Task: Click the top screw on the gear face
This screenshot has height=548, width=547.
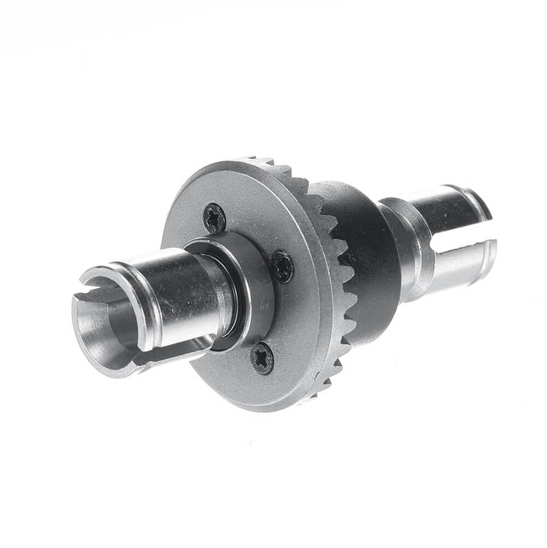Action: [x=214, y=217]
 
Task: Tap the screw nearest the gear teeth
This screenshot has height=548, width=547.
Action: [x=282, y=267]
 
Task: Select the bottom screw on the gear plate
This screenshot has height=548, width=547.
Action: [x=262, y=358]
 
